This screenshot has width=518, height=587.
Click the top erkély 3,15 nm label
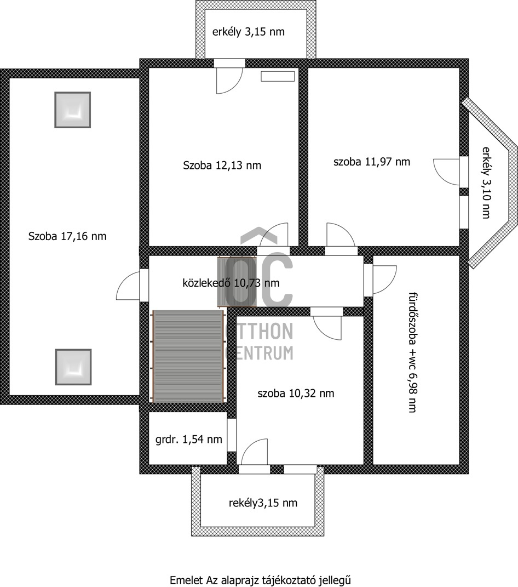(249, 32)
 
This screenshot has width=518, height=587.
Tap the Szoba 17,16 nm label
(67, 236)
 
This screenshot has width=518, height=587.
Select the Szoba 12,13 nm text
(222, 165)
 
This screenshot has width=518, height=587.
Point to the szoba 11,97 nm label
(372, 162)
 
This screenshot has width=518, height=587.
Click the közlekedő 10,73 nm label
(231, 283)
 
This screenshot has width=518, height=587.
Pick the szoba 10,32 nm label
(296, 393)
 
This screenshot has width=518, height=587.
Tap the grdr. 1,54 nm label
(188, 439)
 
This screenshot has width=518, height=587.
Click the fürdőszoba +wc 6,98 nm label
(412, 352)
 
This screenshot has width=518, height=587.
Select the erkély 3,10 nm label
(486, 183)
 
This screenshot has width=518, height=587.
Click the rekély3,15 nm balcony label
(263, 503)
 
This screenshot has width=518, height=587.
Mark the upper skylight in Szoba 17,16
(73, 110)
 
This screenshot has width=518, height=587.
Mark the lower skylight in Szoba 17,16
(73, 367)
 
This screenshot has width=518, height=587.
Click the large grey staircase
(188, 356)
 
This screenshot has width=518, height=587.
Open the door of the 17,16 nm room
(129, 285)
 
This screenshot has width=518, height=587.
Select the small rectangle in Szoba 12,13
(278, 76)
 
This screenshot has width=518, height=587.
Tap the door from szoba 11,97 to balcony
(446, 171)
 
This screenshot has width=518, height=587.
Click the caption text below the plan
(260, 580)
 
